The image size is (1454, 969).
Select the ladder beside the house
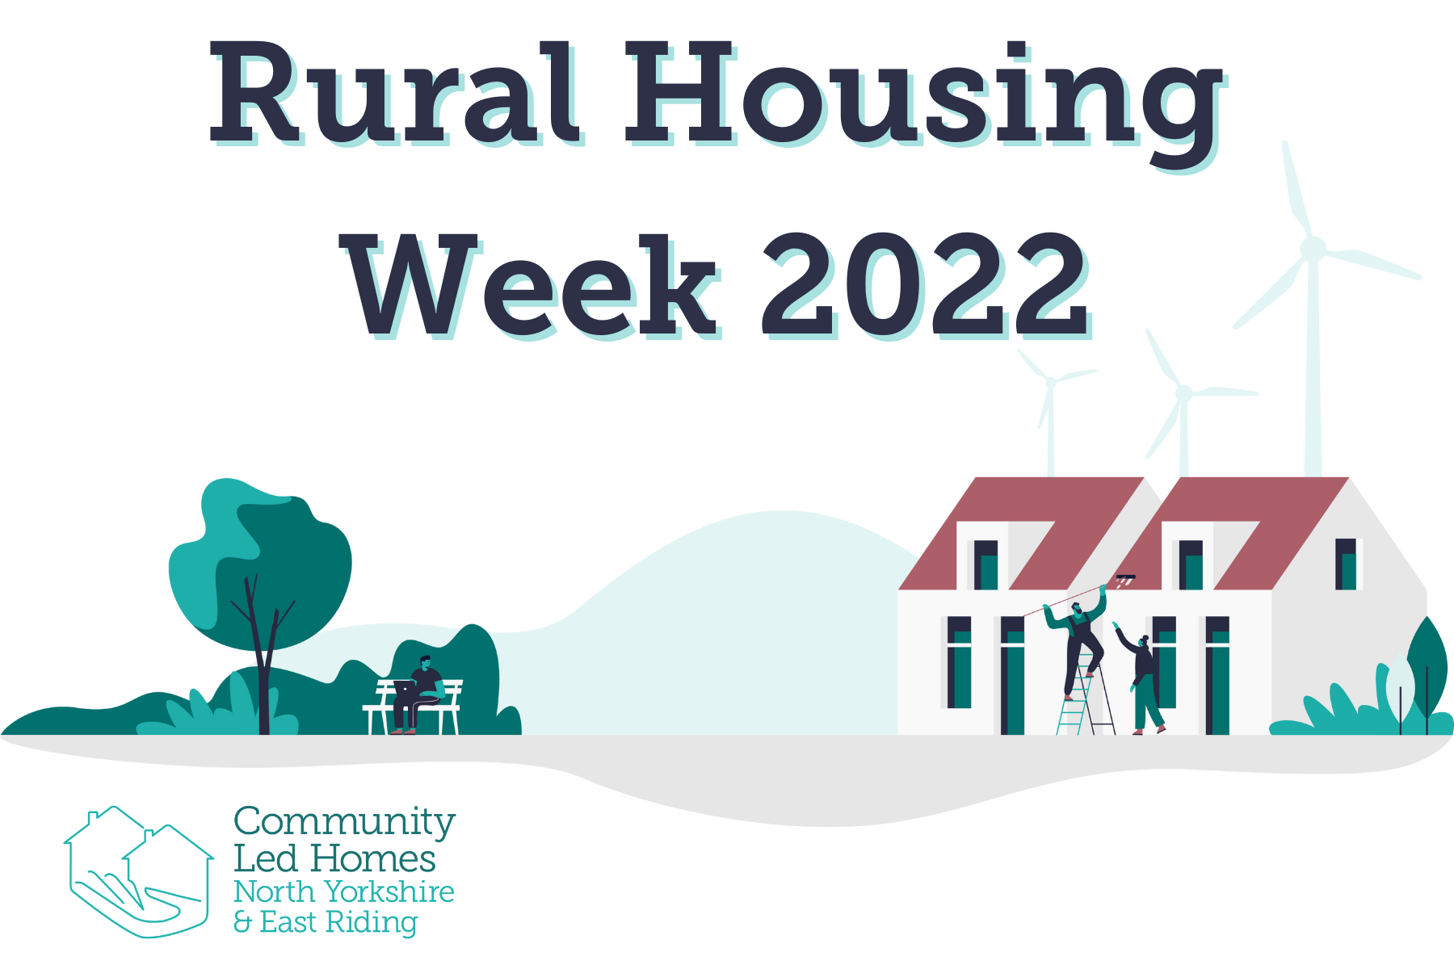coord(1085,698)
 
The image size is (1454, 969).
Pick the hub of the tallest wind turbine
coord(1313,247)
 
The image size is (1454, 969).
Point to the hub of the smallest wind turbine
coord(1050,381)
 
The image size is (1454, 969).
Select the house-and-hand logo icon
coord(137,871)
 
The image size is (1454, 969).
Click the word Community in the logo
coord(344,822)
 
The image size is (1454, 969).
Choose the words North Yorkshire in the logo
coord(344,891)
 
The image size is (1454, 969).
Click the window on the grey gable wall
coord(1346,564)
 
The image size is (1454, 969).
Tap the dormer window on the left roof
coord(985,564)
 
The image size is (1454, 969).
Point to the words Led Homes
coord(334,858)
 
